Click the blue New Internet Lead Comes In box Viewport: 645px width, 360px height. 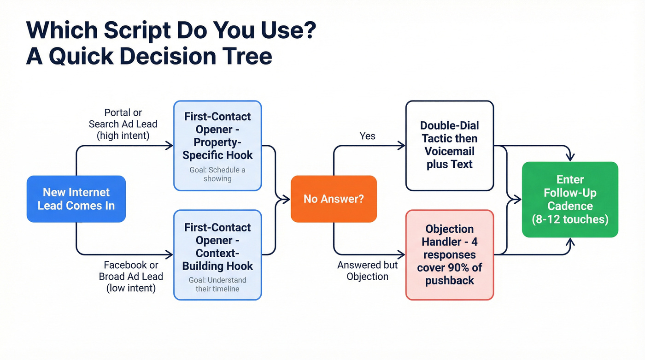coord(76,199)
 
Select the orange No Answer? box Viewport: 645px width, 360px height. coord(334,199)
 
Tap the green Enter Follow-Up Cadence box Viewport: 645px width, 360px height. coord(570,199)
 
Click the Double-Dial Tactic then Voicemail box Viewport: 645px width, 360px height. coord(449,145)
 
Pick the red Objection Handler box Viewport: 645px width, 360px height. coord(449,254)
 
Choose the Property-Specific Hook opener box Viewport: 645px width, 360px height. coord(217,145)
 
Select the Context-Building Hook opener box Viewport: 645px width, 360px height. coord(217,254)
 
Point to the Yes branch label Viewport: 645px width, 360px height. coord(367,136)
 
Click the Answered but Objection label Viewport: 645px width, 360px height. coord(367,271)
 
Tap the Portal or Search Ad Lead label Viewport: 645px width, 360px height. coord(123,124)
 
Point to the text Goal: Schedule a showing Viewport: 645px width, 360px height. coord(217,174)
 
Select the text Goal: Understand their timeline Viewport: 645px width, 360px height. coord(217,284)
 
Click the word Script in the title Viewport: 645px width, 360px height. coord(137,30)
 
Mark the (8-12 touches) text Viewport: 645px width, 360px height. coord(570,219)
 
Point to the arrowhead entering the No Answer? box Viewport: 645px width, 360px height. coord(287,199)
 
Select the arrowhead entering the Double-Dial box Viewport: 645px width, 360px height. coord(402,146)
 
